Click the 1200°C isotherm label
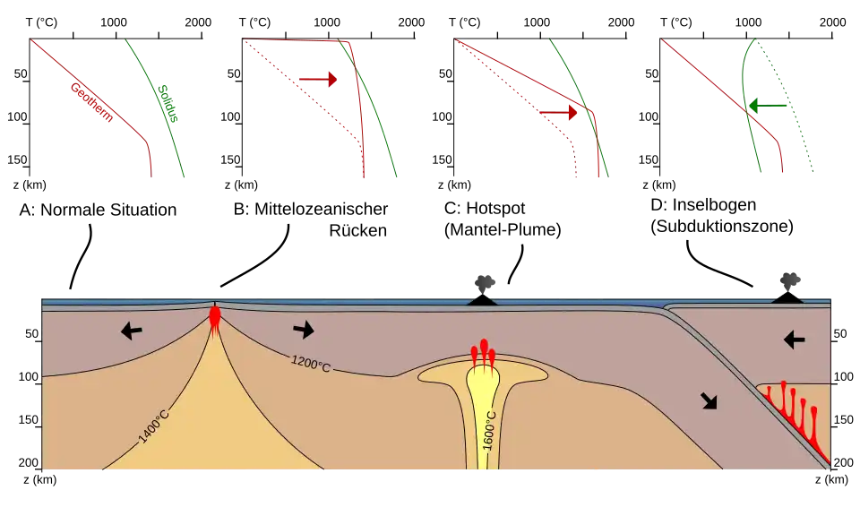tap(311, 363)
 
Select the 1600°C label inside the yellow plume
tap(489, 432)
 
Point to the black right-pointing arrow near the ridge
tap(304, 330)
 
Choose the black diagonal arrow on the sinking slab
tap(709, 401)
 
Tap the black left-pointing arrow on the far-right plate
tap(794, 340)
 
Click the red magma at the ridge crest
tap(215, 318)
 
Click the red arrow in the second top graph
tap(319, 80)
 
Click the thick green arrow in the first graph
tap(165, 101)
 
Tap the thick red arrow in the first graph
tap(91, 100)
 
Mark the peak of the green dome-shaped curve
tap(756, 40)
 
